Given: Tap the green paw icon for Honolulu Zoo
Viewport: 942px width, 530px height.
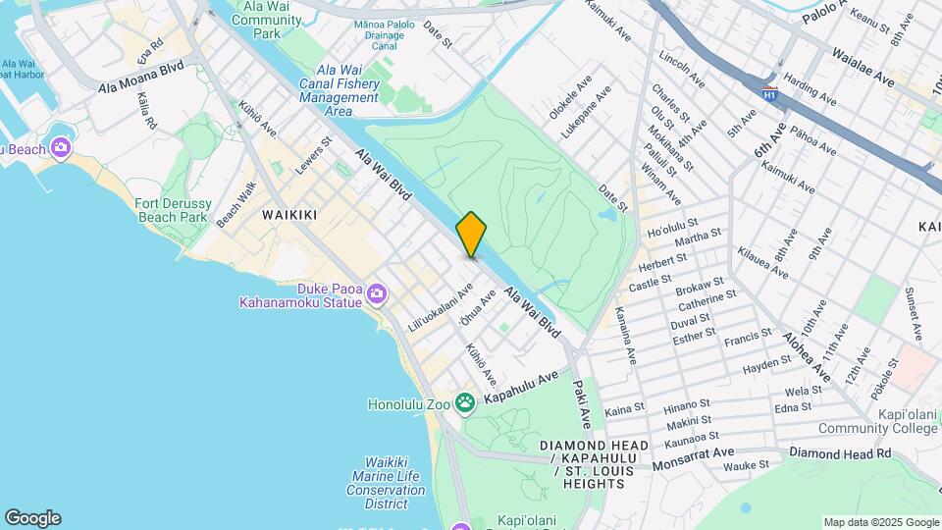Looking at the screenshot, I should [464, 403].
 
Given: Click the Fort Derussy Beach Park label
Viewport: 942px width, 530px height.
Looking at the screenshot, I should [172, 210].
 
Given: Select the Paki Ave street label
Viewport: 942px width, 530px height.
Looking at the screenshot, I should [582, 404].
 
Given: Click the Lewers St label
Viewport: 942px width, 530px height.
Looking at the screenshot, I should [315, 155].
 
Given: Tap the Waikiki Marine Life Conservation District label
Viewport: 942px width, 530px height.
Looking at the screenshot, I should [372, 482].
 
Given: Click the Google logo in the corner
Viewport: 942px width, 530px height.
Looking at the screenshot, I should [32, 518].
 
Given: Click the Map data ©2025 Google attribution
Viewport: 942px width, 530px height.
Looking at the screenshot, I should [880, 522].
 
